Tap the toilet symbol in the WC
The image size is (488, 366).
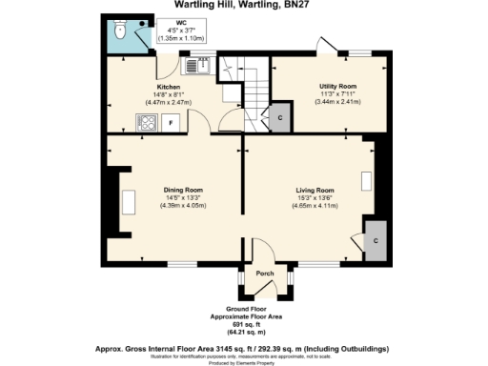pyautogui.click(x=118, y=32)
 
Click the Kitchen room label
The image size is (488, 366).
pyautogui.click(x=156, y=85)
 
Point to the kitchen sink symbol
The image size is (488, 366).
pyautogui.click(x=195, y=67)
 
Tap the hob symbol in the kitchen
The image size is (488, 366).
pyautogui.click(x=149, y=122)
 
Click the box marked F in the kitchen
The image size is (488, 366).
pyautogui.click(x=172, y=122)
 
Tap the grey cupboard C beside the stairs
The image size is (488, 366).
pyautogui.click(x=279, y=117)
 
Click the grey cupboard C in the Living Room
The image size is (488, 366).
pyautogui.click(x=376, y=240)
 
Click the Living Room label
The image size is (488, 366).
pyautogui.click(x=313, y=191)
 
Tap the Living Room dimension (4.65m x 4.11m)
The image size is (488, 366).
pyautogui.click(x=313, y=206)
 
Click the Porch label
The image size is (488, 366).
pyautogui.click(x=265, y=274)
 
